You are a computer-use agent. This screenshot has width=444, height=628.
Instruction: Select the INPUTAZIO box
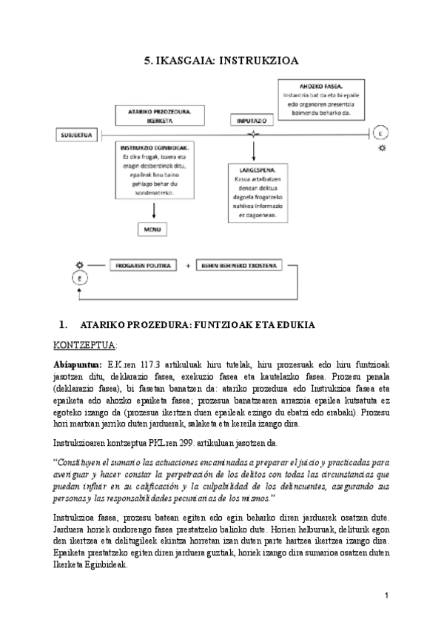click(x=253, y=119)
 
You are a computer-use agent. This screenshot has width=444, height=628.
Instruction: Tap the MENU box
click(x=154, y=230)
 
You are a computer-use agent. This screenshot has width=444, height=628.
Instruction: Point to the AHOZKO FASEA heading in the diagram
click(x=321, y=85)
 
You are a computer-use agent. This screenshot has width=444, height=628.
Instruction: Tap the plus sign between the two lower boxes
click(x=188, y=264)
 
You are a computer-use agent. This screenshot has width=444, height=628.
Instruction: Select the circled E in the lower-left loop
click(x=80, y=278)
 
